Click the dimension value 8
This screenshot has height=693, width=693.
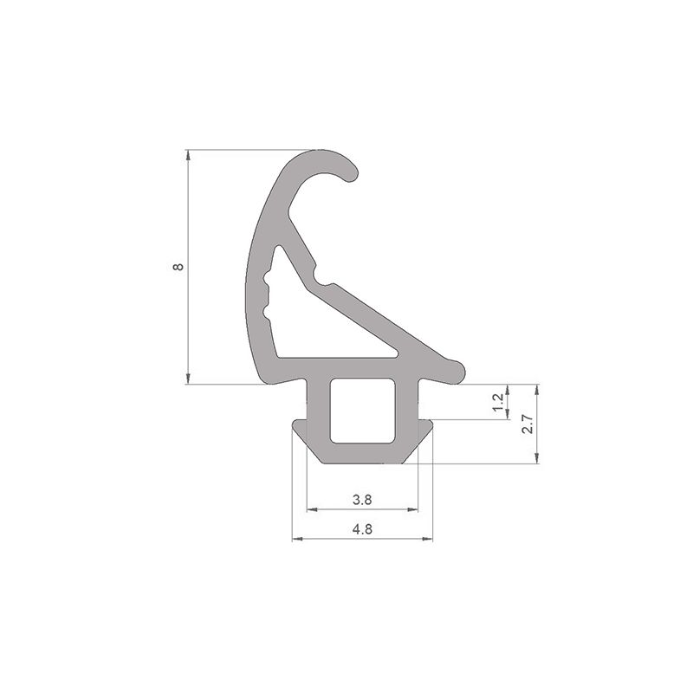tap(178, 268)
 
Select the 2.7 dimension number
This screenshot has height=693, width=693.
tap(528, 424)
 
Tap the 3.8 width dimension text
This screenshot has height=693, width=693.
tap(363, 500)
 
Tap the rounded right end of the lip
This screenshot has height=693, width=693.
tap(457, 372)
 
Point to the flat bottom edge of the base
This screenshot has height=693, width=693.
tap(363, 462)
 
